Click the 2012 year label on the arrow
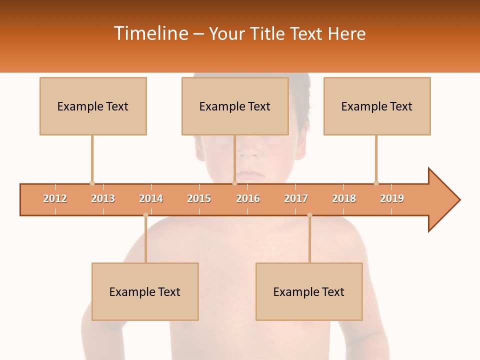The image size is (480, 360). [x=55, y=198]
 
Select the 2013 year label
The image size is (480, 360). [x=103, y=198]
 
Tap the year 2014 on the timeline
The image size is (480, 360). [x=151, y=198]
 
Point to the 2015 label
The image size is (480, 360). [x=199, y=198]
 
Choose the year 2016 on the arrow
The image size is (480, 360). [x=248, y=198]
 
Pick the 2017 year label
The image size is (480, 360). [x=296, y=198]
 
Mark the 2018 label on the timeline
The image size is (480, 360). [x=344, y=198]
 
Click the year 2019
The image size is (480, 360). [x=392, y=198]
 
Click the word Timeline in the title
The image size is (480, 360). [x=151, y=33]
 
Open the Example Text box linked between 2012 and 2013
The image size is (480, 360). [x=93, y=106]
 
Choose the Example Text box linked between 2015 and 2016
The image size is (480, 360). [x=235, y=106]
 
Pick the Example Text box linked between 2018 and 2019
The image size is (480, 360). [x=377, y=106]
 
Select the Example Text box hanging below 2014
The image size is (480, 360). [x=145, y=291]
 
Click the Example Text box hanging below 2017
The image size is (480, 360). [x=309, y=291]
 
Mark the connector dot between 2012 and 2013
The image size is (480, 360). [x=92, y=183]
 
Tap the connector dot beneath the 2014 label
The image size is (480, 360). [x=145, y=215]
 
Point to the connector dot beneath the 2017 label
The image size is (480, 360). [x=309, y=215]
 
